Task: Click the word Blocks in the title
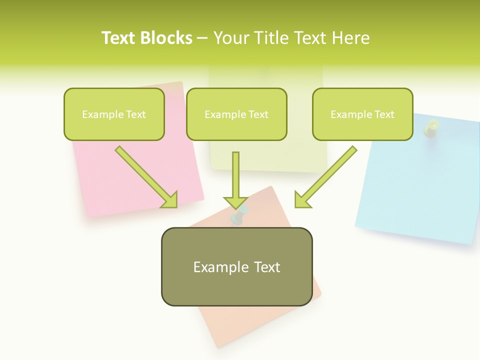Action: pos(166,38)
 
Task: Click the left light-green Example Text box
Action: pos(114,114)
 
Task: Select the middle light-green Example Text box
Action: pos(236,114)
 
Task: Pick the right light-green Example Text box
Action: pos(362,114)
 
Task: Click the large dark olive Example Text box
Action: pos(236,266)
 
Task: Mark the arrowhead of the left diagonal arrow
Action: pos(170,200)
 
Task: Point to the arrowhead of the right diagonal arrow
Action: pos(302,200)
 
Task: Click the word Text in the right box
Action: pos(384,114)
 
